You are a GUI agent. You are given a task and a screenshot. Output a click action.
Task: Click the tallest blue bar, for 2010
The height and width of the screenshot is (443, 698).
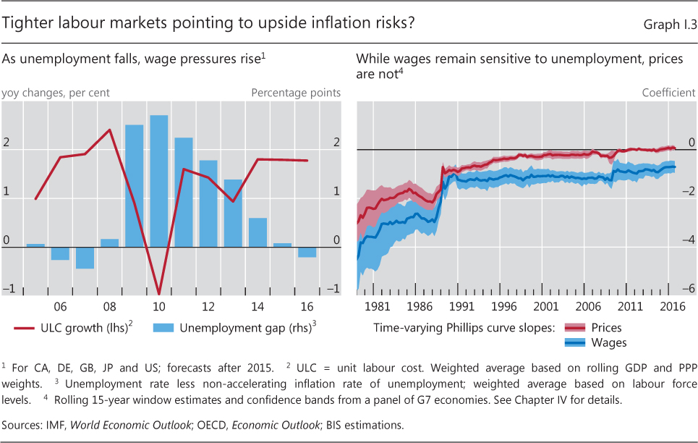(159, 181)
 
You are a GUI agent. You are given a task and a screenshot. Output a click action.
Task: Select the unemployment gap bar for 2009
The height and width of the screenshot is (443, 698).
(135, 186)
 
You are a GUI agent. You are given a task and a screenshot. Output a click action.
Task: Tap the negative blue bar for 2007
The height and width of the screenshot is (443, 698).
(85, 258)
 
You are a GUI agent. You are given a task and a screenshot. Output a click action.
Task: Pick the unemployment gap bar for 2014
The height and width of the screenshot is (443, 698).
(258, 232)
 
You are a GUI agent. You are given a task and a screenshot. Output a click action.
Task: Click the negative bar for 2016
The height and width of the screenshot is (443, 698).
(307, 252)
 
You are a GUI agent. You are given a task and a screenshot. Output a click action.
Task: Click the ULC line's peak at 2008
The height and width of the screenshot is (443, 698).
(110, 130)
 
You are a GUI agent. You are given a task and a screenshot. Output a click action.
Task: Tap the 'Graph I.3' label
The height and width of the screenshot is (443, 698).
(670, 25)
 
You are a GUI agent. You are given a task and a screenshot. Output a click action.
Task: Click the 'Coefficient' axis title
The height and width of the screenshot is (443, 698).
(670, 93)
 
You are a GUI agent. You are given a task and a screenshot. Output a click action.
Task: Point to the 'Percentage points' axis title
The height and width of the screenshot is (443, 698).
(296, 93)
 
